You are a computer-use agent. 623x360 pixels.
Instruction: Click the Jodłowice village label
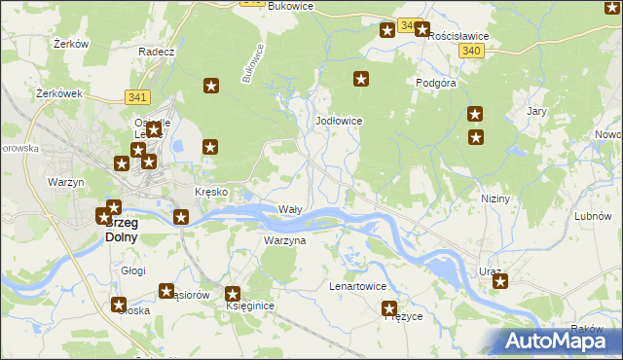pyautogui.click(x=340, y=121)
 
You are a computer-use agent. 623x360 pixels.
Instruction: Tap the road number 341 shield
pyautogui.click(x=137, y=96)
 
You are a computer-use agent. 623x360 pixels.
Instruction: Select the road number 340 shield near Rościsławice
pyautogui.click(x=472, y=51)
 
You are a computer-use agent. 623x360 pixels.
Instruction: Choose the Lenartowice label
pyautogui.click(x=358, y=287)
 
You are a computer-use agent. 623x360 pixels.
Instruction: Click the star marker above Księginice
pyautogui.click(x=234, y=294)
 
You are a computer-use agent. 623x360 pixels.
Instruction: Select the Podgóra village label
pyautogui.click(x=436, y=84)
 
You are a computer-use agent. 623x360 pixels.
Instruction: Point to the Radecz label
pyautogui.click(x=156, y=52)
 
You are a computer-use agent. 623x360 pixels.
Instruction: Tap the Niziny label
pyautogui.click(x=495, y=198)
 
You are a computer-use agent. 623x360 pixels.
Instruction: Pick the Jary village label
pyautogui.click(x=536, y=112)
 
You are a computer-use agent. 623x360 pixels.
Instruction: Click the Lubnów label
pyautogui.click(x=592, y=216)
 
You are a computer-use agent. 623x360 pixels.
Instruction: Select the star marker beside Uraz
pyautogui.click(x=500, y=282)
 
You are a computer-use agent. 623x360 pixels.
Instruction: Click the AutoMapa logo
pyautogui.click(x=557, y=341)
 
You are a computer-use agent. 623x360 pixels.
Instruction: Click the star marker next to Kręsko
pyautogui.click(x=181, y=217)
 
